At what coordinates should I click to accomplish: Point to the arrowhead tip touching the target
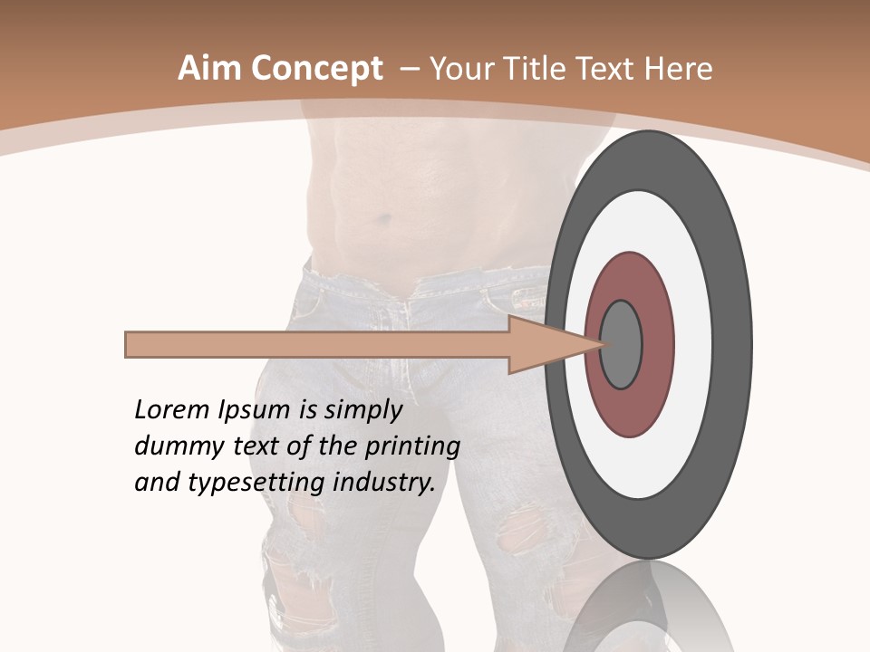tap(602, 343)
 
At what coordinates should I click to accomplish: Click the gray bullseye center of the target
tap(622, 344)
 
